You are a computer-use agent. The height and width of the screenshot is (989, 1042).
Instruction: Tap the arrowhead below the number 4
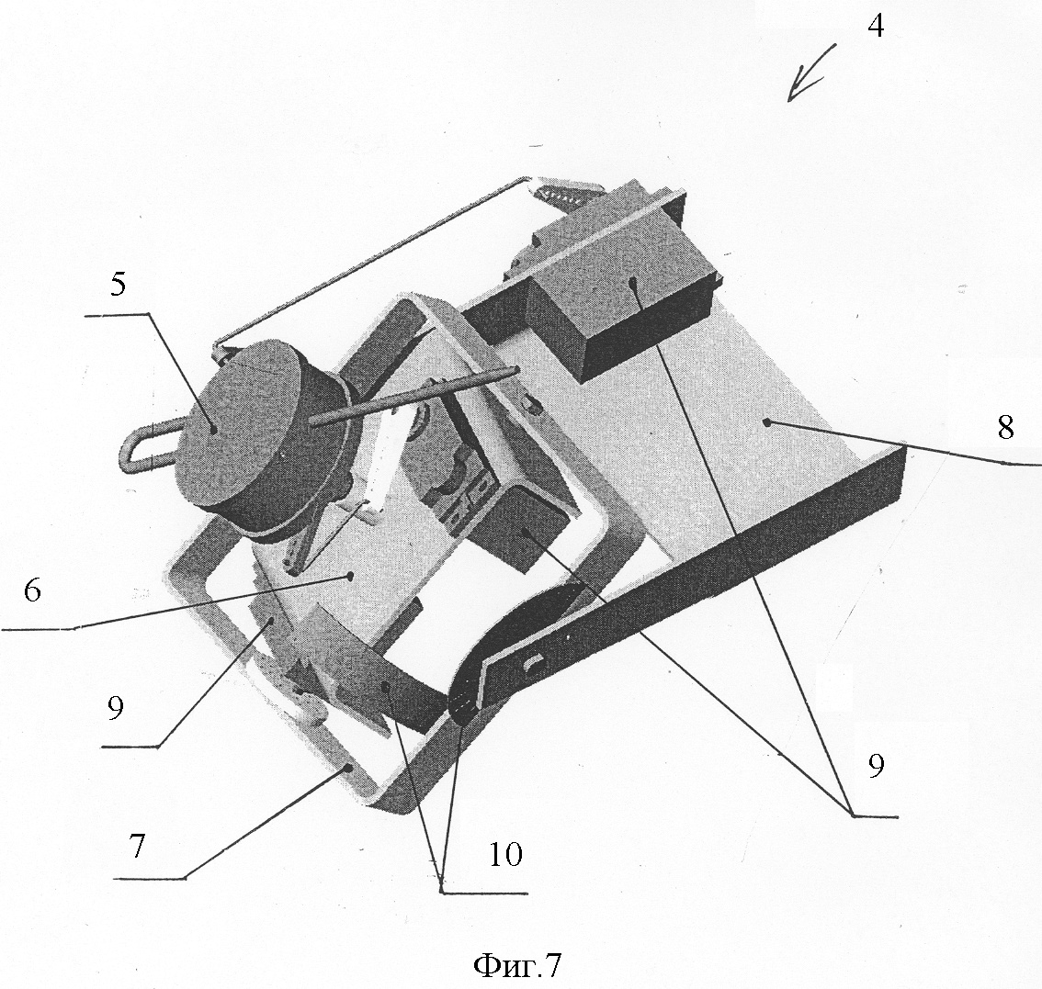click(x=798, y=90)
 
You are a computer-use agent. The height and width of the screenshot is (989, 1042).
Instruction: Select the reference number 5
click(x=118, y=285)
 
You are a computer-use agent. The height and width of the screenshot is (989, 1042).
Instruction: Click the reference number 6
click(x=32, y=590)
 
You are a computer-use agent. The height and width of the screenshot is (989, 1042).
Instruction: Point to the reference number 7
click(x=136, y=845)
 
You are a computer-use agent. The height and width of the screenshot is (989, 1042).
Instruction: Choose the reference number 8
click(x=1005, y=427)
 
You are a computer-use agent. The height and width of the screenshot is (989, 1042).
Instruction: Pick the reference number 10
click(x=505, y=855)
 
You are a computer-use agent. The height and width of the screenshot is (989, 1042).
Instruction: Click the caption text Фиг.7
click(x=517, y=965)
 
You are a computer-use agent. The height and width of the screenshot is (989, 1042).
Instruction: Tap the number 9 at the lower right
click(x=877, y=766)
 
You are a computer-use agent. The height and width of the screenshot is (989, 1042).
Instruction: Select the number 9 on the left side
click(x=115, y=709)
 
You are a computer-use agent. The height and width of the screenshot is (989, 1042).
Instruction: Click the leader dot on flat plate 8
click(x=767, y=421)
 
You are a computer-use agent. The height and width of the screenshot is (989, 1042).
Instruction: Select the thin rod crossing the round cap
click(x=412, y=395)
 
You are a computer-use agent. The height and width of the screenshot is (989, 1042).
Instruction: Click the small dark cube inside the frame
click(x=522, y=528)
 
